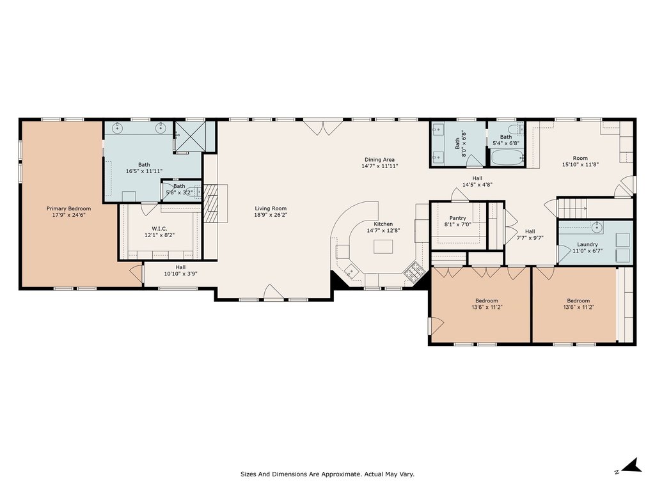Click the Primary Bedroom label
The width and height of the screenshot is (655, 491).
[68, 209]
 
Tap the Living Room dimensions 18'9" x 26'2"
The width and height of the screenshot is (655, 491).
[271, 215]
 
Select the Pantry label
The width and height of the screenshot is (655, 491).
[458, 218]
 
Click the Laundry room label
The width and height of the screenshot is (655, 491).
[587, 244]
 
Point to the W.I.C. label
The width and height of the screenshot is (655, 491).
[159, 229]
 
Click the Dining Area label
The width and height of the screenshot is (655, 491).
[379, 159]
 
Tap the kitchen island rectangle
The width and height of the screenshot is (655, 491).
[383, 247]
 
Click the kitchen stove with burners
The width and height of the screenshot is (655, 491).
[414, 272]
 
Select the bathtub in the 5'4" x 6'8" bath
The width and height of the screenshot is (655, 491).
[507, 157]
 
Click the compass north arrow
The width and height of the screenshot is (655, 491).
[631, 465]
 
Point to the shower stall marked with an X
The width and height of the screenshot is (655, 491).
[190, 136]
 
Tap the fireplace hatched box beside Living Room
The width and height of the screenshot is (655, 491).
[210, 203]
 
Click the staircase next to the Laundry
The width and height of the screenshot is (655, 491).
[572, 208]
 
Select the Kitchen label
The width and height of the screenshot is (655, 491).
[383, 224]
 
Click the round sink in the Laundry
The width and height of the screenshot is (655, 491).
[597, 228]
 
